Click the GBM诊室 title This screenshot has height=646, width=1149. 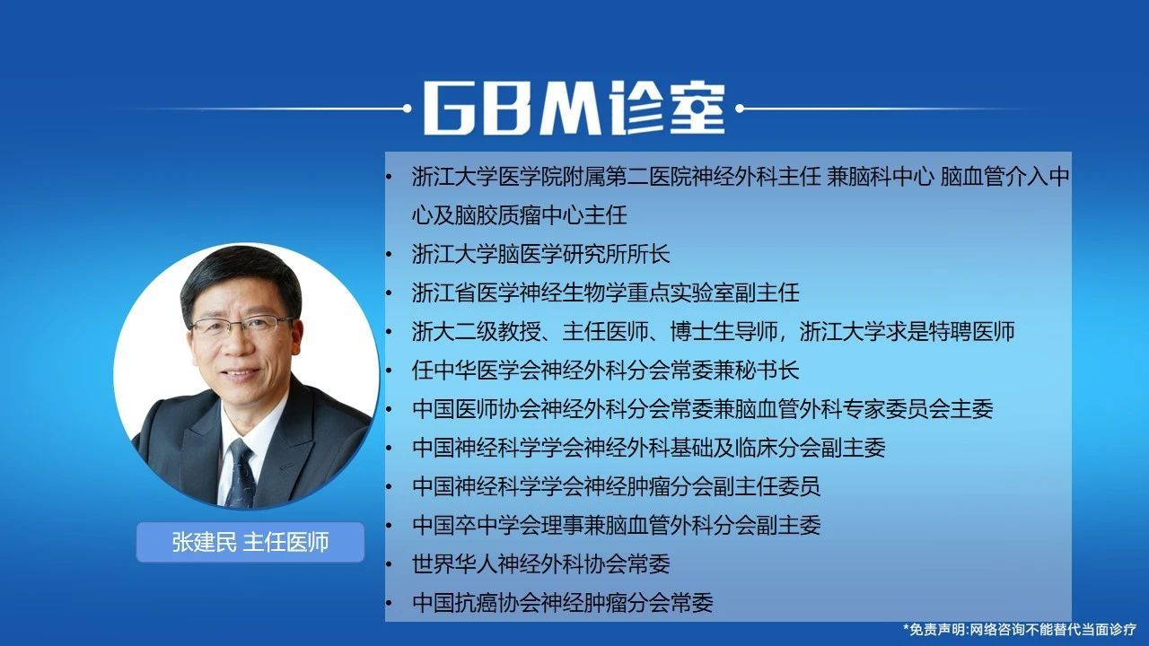[x=574, y=109]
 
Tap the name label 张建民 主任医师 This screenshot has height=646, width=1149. [x=250, y=543]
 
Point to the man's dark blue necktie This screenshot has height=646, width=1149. [x=240, y=475]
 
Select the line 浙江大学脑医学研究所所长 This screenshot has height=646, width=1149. [x=540, y=254]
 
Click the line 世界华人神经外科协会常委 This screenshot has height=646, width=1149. [x=540, y=564]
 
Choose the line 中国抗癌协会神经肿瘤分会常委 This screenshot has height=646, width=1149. [x=562, y=602]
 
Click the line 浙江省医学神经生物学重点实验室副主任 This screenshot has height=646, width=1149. [x=605, y=292]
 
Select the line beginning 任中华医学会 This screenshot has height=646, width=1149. [x=605, y=371]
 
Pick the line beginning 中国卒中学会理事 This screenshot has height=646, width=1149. [x=616, y=525]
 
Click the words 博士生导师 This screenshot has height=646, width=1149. [x=724, y=332]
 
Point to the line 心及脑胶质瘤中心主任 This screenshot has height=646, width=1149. [x=519, y=214]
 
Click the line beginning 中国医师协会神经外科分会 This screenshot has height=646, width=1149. [x=702, y=409]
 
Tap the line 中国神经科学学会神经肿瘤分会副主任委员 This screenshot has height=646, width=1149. [x=616, y=486]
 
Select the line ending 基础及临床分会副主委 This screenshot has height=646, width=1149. [x=648, y=448]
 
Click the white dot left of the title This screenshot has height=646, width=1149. [x=408, y=109]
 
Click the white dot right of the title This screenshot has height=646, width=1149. [x=740, y=109]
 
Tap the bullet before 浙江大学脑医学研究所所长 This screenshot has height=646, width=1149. [x=389, y=255]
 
